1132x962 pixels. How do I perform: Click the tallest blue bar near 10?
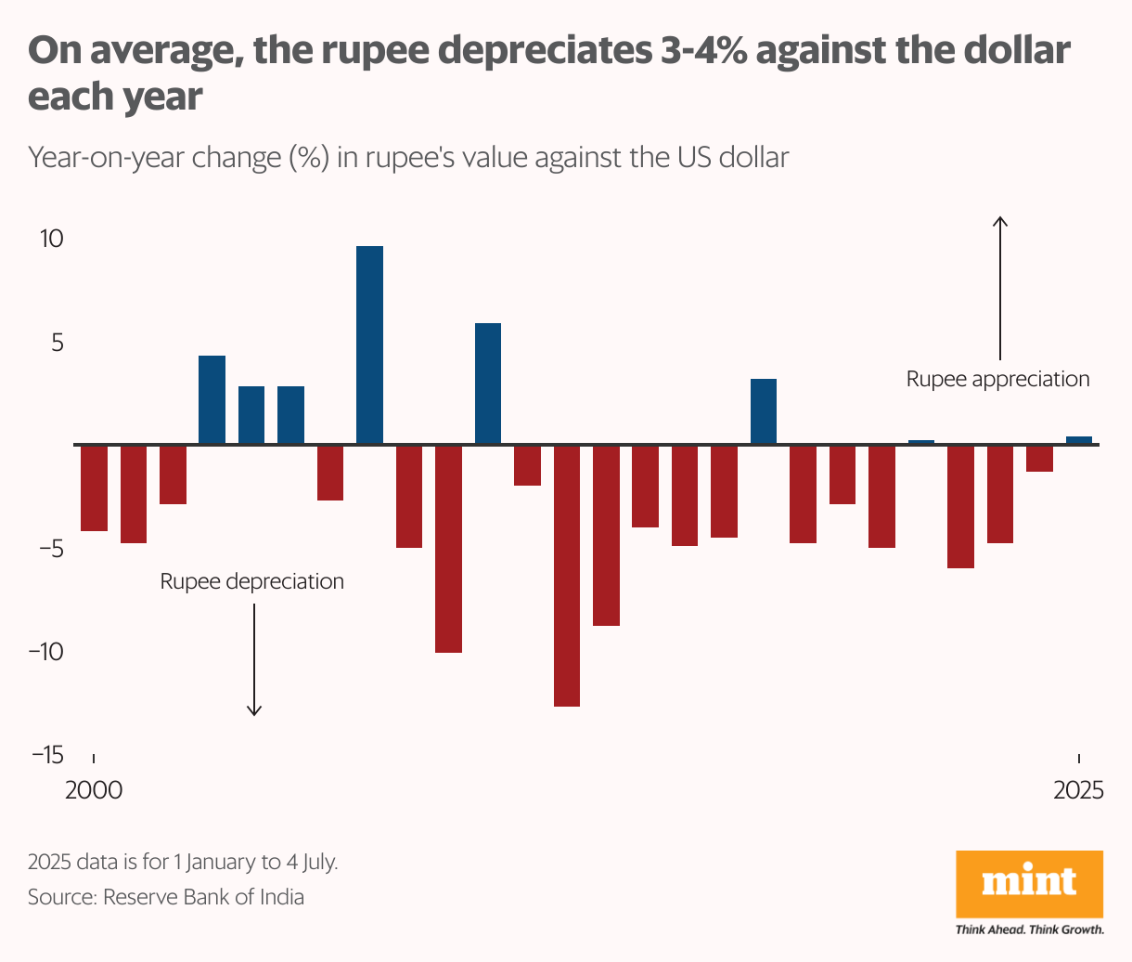pos(369,344)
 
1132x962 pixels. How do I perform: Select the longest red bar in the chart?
pos(567,576)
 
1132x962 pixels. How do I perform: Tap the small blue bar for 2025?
pos(1078,440)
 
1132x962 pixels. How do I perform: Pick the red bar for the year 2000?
pos(94,488)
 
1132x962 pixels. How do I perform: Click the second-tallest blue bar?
pos(488,383)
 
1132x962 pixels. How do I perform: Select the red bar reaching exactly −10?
pos(448,549)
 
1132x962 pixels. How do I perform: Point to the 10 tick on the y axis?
pos(52,239)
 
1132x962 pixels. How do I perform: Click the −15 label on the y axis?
pos(47,754)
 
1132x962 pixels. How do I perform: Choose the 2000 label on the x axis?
pos(94,790)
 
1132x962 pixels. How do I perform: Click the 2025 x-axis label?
pos(1078,790)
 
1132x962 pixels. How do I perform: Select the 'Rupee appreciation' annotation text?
pos(997,379)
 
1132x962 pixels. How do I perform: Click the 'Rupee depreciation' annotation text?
pos(251,581)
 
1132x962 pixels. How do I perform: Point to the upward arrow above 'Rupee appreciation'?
pos(999,288)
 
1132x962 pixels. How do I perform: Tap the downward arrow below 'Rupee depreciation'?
pos(253,659)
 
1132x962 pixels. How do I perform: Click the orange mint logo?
pos(1029,883)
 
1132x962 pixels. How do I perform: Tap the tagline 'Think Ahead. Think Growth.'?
pos(1029,929)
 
